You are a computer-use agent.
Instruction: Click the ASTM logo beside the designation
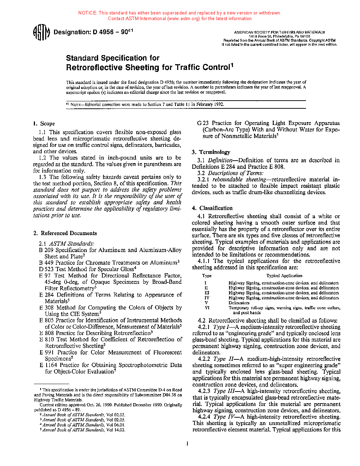pyautogui.click(x=41, y=33)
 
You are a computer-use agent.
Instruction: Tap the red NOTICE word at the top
pyautogui.click(x=88, y=13)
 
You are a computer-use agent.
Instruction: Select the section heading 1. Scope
pyautogui.click(x=44, y=124)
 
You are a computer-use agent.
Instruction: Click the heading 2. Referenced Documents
pyautogui.click(x=65, y=233)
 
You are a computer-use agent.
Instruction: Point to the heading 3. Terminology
pyautogui.click(x=211, y=152)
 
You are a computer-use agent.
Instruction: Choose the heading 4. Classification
pyautogui.click(x=212, y=208)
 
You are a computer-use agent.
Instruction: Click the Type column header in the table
pyautogui.click(x=207, y=276)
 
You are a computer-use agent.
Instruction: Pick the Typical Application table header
pyautogui.click(x=284, y=276)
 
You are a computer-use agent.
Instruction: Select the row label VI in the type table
pyautogui.click(x=207, y=308)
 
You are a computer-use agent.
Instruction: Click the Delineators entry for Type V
pyautogui.click(x=239, y=303)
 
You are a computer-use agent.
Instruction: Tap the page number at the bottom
pyautogui.click(x=187, y=443)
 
